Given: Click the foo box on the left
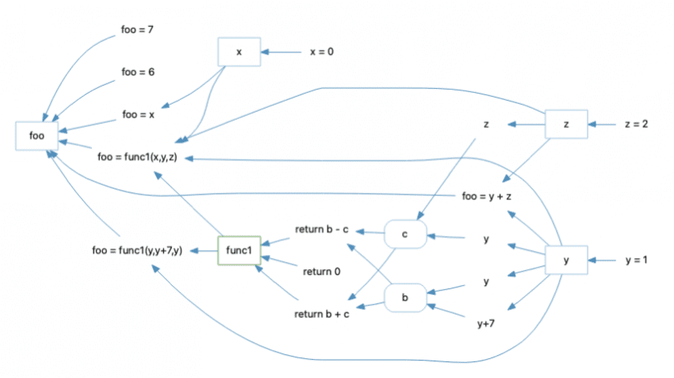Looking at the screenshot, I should [x=36, y=135].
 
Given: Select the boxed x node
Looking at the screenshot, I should [x=239, y=52].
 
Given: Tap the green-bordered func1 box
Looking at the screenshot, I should [x=239, y=251].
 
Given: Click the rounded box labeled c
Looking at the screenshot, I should [x=405, y=233].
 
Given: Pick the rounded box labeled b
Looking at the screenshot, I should [x=405, y=298].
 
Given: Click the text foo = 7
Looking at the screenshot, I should [x=137, y=30].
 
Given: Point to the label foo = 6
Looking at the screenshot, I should [x=137, y=72].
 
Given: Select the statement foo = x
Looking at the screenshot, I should [x=137, y=114].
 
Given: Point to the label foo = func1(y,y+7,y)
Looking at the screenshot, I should [x=137, y=252].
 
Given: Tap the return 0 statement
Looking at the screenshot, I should [x=322, y=272].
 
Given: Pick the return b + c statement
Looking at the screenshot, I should [x=322, y=315].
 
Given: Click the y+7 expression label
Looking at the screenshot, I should [x=486, y=323].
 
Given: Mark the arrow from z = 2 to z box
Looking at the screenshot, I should [x=603, y=125].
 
